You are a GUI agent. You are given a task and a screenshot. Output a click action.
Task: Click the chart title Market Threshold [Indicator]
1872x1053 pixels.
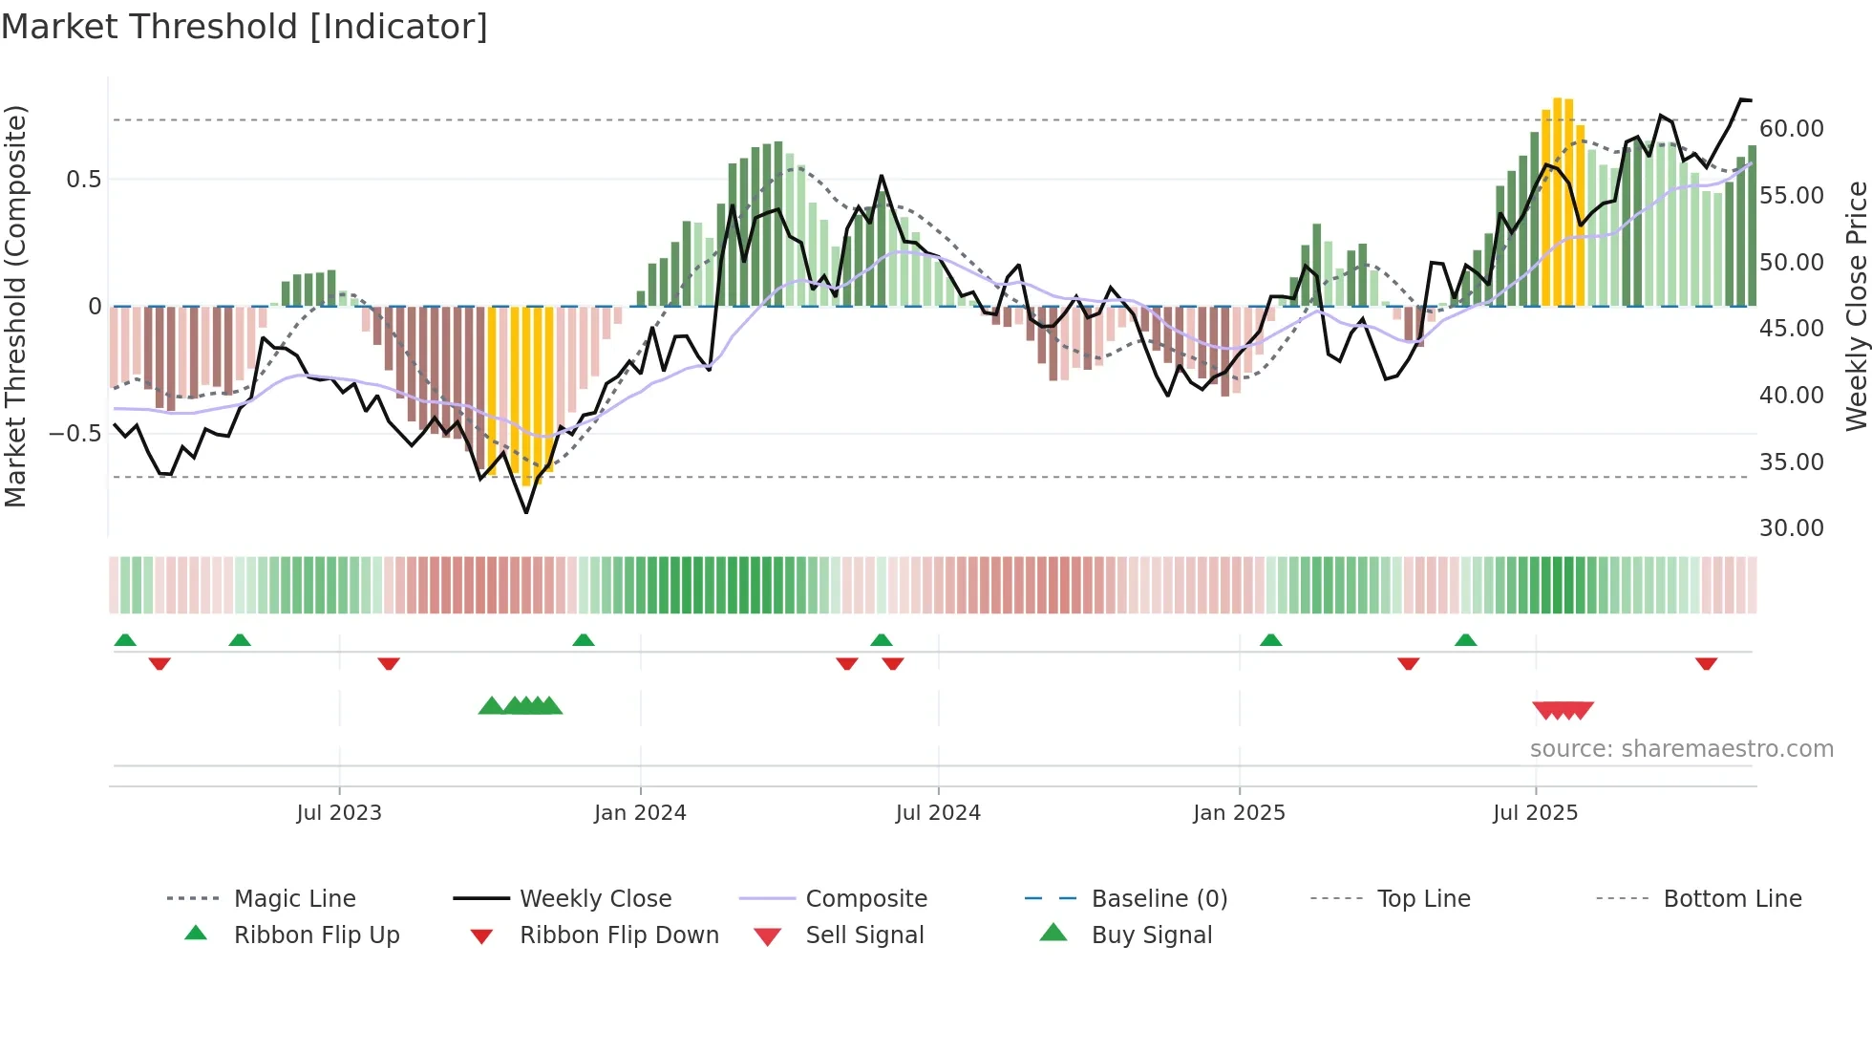pos(245,27)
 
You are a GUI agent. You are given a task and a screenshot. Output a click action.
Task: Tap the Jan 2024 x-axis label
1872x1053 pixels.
pos(640,813)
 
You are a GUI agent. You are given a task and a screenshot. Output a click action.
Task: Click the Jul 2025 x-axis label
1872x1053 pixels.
pos(1535,813)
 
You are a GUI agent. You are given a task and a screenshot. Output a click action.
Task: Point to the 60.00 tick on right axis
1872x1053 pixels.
pos(1791,129)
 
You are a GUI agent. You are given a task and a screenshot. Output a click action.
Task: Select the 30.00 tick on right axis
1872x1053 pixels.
pos(1791,528)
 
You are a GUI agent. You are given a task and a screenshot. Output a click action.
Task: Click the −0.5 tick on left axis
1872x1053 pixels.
pos(74,434)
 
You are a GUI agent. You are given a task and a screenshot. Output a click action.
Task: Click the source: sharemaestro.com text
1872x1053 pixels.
pos(1681,749)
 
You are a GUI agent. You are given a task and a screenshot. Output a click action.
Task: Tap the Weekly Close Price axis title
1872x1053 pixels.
pos(1856,306)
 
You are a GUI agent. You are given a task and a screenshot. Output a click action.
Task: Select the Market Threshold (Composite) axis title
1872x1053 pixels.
pos(15,306)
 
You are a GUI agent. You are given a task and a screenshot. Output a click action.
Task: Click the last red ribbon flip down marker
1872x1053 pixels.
pos(1706,663)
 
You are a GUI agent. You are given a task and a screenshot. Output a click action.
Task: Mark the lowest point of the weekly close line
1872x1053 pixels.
pos(526,512)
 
